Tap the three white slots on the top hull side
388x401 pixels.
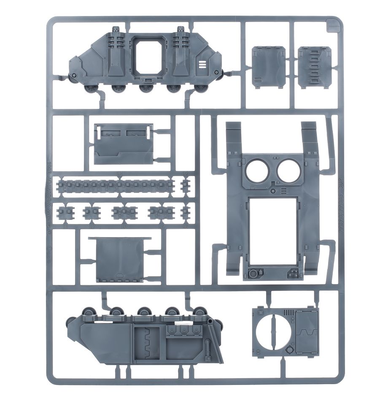[x=202, y=65]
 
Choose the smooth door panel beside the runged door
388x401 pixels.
[x=268, y=67]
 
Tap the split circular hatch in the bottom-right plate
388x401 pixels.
[x=272, y=332]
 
